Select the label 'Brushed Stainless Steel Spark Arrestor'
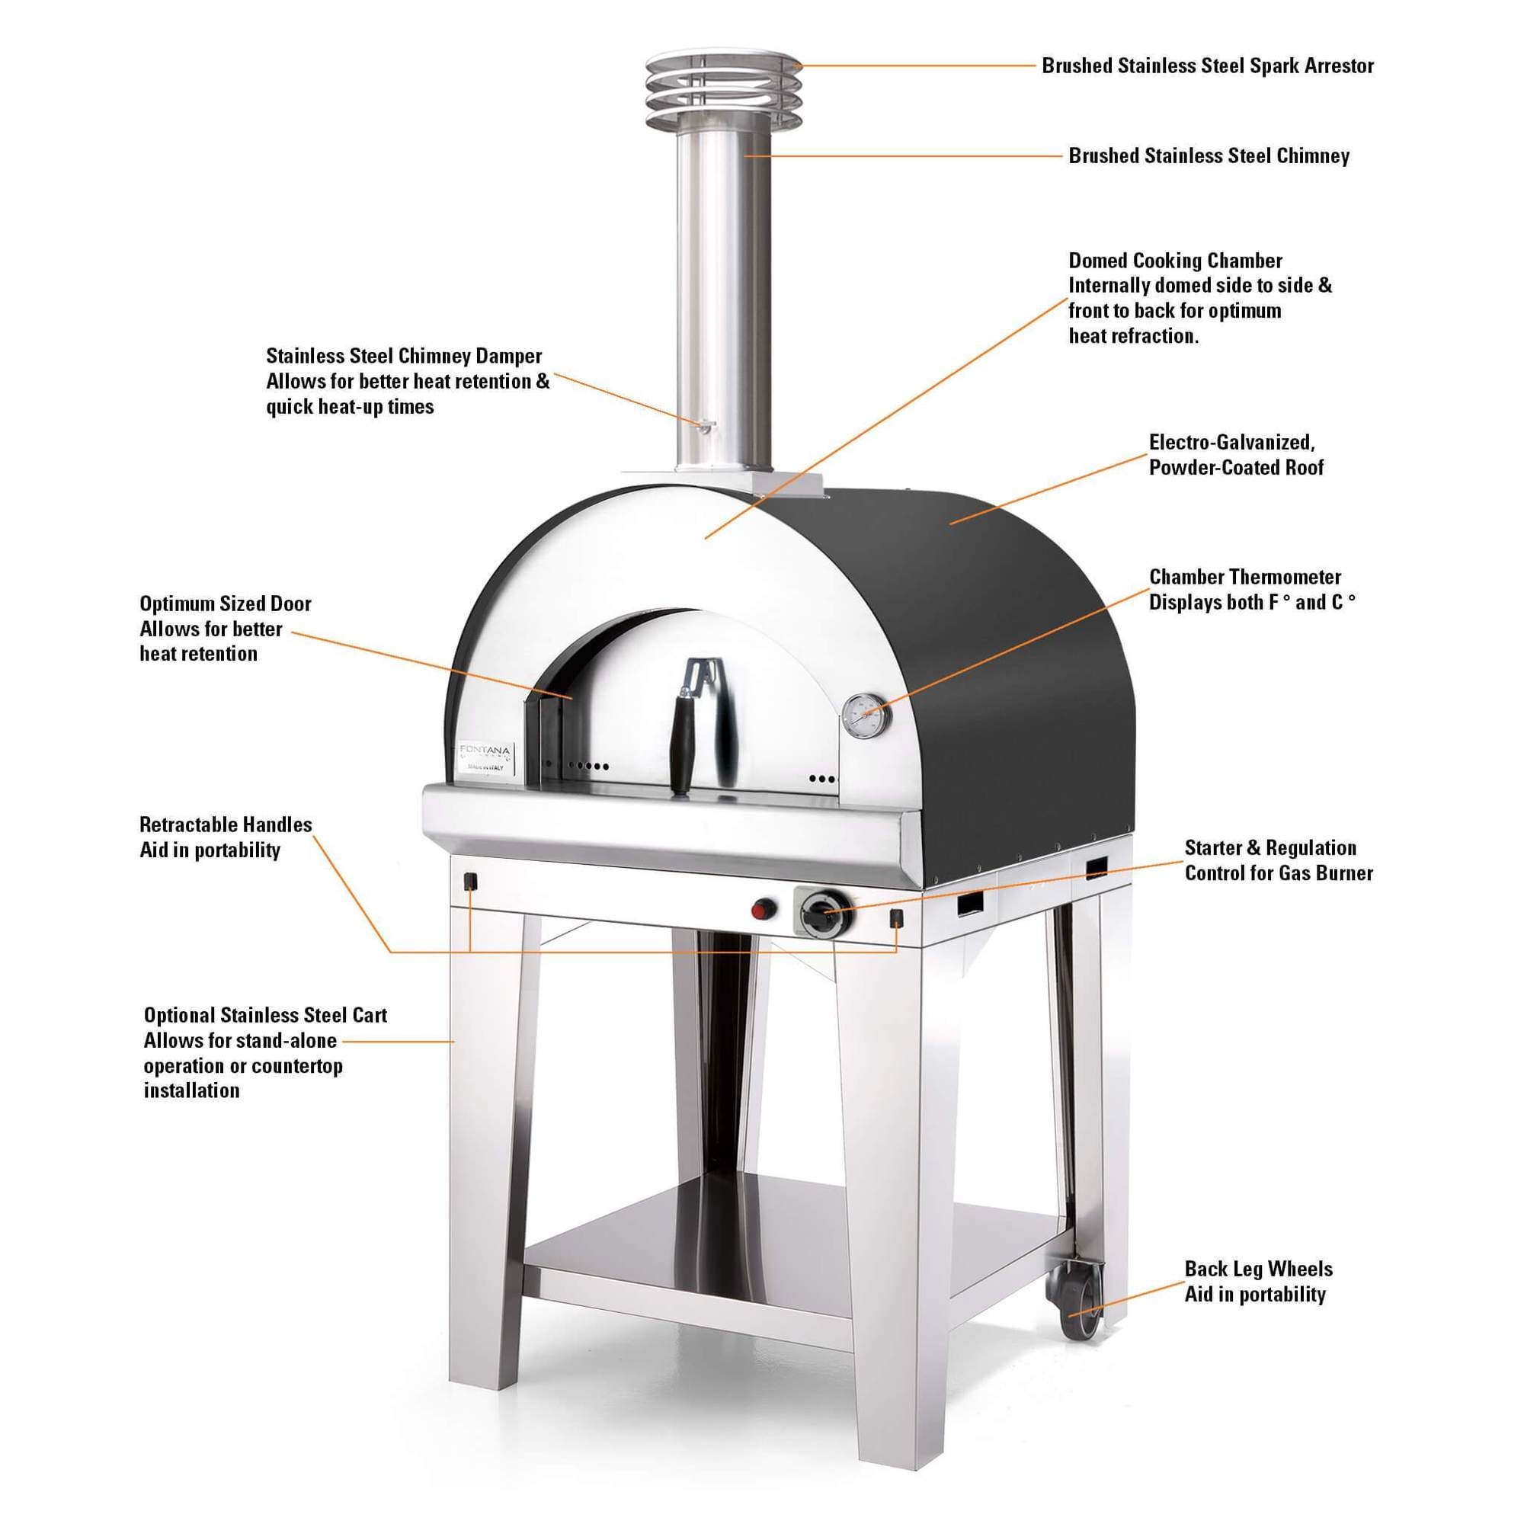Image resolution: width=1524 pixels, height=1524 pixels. (x=1207, y=66)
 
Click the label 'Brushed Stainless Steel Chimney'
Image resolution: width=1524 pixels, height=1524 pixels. (x=1209, y=155)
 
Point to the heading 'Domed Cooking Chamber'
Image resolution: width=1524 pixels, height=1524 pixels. (x=1175, y=261)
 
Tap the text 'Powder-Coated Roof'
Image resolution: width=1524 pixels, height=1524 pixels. (x=1235, y=467)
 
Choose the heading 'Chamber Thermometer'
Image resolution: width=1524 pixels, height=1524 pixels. (x=1245, y=577)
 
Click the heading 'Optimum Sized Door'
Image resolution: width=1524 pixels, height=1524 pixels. (x=226, y=604)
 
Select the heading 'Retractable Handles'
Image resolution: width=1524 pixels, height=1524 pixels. (x=226, y=824)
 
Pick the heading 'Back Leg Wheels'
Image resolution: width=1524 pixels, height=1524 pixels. (x=1258, y=1269)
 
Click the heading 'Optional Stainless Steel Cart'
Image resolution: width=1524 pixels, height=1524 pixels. (x=265, y=1015)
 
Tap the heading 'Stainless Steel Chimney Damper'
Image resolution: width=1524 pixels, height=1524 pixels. (x=404, y=356)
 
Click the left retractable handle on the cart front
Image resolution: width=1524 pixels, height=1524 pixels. (x=469, y=880)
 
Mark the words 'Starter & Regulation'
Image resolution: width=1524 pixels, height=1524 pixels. (x=1270, y=848)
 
